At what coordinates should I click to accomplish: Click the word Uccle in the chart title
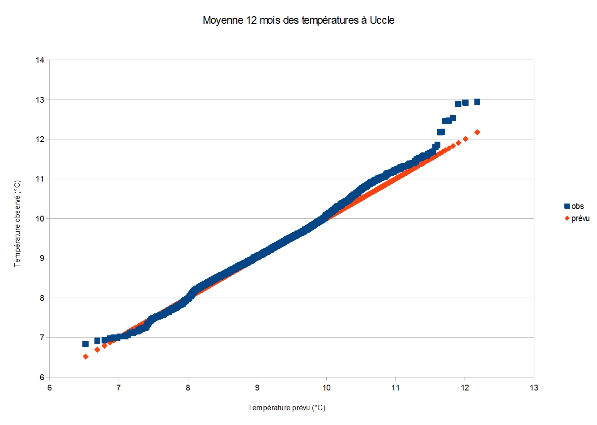pos(382,20)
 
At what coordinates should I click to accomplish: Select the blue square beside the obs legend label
pos(567,206)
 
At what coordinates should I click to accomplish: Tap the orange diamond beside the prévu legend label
pos(567,218)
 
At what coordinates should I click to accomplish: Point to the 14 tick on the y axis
pos(40,60)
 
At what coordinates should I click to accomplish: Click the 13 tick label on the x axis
pos(534,388)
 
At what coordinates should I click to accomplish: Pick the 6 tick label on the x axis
pos(50,388)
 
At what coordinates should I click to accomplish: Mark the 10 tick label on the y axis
pos(40,219)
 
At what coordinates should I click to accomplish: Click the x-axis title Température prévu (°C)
pos(287,408)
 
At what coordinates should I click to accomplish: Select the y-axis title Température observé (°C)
pos(17,224)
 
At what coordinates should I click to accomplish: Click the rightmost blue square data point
pos(477,102)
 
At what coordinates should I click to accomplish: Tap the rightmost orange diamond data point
pos(477,132)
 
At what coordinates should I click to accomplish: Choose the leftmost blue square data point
pos(85,344)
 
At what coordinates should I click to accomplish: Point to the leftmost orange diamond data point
pos(85,357)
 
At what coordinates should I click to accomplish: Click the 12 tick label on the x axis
pos(465,388)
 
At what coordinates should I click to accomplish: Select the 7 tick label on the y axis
pos(42,338)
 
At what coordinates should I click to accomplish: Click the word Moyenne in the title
pos(223,21)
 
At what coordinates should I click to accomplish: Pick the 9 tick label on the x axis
pos(257,388)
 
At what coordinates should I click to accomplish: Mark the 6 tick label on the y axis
pos(42,377)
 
